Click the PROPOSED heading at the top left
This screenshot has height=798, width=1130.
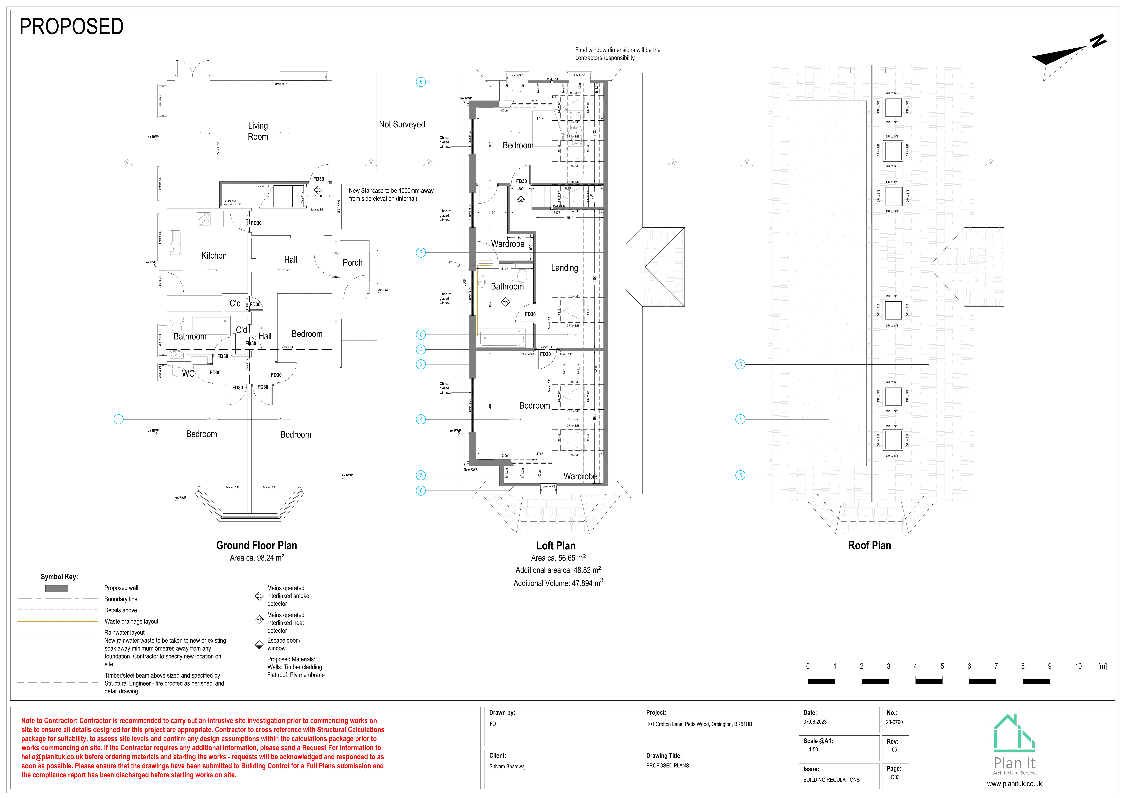click(71, 27)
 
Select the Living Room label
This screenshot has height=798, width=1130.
click(258, 131)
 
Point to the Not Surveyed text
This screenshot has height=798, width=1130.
click(402, 125)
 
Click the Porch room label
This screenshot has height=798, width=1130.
click(352, 263)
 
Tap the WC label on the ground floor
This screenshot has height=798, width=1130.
click(188, 374)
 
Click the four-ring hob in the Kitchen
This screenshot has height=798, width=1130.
click(204, 219)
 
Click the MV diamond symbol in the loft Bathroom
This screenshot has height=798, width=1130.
click(505, 302)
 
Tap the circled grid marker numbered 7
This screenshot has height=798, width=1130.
click(421, 253)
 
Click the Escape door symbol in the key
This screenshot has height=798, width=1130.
click(259, 644)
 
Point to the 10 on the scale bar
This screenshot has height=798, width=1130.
click(1078, 666)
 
